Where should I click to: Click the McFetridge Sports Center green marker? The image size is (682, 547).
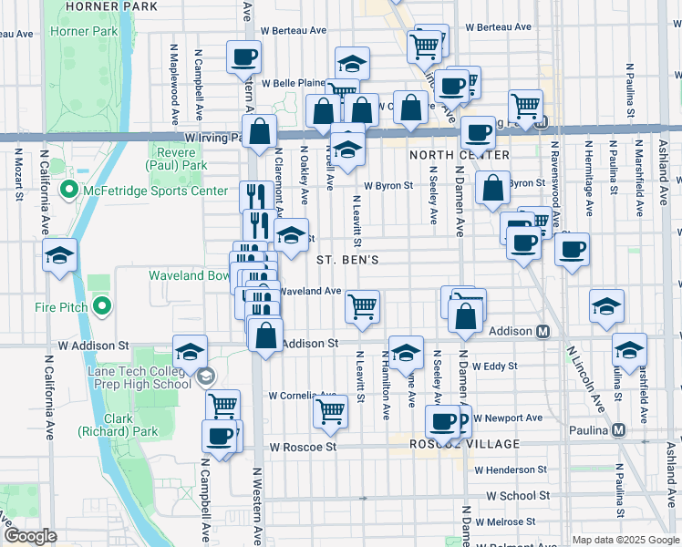pyautogui.click(x=68, y=191)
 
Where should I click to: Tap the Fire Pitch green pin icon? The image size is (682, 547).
pyautogui.click(x=102, y=306)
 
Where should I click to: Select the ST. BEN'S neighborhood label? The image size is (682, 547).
pyautogui.click(x=347, y=260)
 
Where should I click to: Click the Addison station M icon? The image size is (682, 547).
pyautogui.click(x=543, y=331)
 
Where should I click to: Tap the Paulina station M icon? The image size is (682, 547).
pyautogui.click(x=619, y=429)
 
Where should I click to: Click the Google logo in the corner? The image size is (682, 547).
pyautogui.click(x=30, y=535)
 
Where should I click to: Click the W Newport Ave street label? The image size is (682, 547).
pyautogui.click(x=506, y=418)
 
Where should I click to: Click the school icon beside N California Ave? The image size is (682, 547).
pyautogui.click(x=59, y=256)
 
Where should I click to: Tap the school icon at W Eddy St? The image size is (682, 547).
pyautogui.click(x=406, y=351)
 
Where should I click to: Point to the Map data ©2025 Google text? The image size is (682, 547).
pyautogui.click(x=625, y=540)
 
